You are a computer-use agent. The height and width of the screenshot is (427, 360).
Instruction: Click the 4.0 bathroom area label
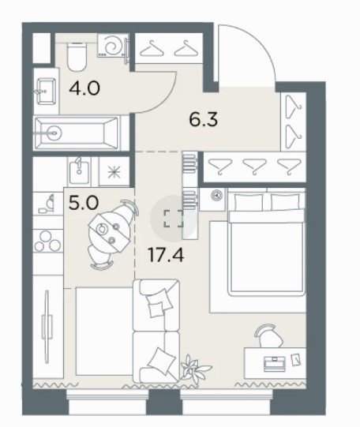tap(84, 88)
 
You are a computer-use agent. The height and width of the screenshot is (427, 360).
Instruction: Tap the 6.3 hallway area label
tap(204, 120)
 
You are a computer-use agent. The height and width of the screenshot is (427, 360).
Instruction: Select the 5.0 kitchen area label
tap(84, 203)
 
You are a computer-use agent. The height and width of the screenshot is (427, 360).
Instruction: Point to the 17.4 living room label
tap(166, 255)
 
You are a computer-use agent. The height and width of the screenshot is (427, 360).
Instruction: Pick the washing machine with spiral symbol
tap(112, 46)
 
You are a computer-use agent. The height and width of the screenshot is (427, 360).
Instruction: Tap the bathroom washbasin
tap(47, 92)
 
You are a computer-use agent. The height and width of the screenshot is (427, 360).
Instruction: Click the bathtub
tap(77, 133)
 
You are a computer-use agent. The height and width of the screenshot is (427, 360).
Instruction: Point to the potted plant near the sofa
tap(194, 368)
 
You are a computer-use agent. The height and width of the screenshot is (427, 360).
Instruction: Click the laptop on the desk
tap(275, 364)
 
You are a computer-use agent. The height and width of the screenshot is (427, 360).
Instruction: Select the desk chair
tap(266, 336)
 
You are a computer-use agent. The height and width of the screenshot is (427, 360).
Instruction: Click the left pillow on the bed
tap(249, 202)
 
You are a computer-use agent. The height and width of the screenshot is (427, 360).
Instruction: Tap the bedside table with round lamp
tap(213, 199)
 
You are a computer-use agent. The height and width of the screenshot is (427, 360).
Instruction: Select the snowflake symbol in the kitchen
tap(114, 172)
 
